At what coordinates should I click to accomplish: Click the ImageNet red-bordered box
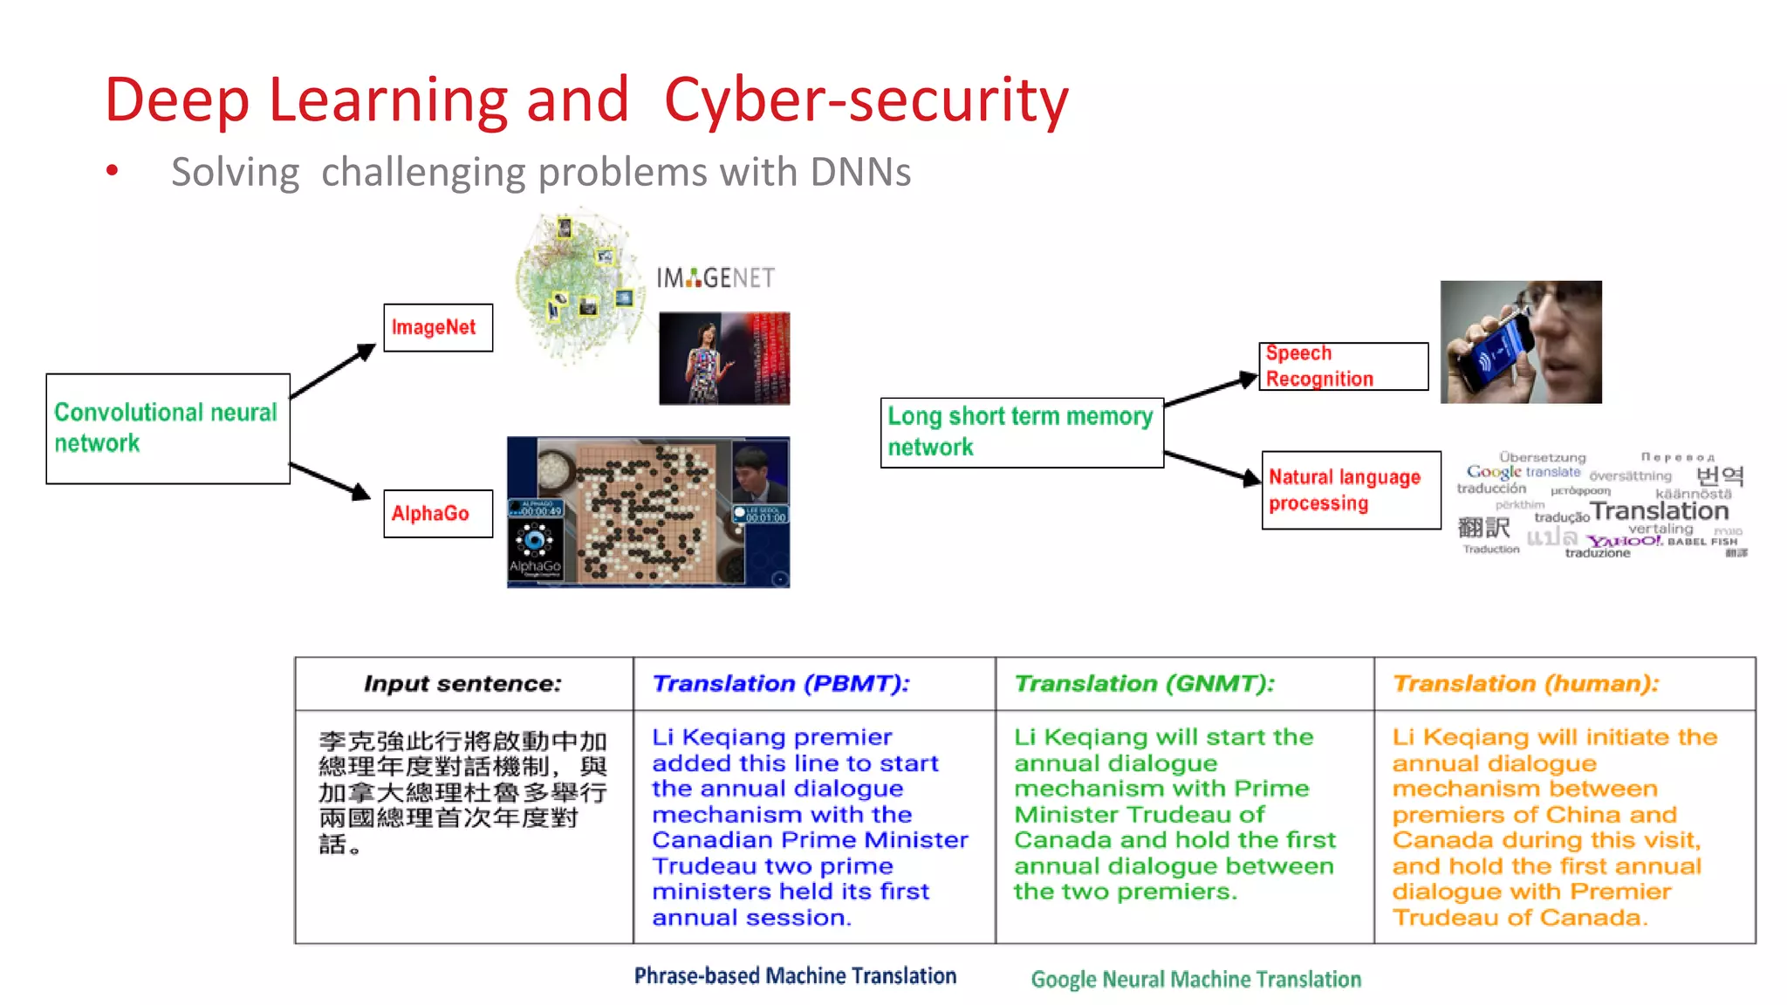[438, 328]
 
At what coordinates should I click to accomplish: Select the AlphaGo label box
[438, 514]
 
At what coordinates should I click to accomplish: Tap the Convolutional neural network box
[168, 428]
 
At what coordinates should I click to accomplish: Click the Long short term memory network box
[1022, 433]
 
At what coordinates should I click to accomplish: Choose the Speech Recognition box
[1343, 366]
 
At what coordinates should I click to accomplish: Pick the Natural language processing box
[1350, 490]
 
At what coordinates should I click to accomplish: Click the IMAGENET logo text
[715, 278]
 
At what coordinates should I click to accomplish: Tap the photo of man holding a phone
[1520, 342]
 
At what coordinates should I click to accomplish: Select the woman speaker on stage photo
[723, 359]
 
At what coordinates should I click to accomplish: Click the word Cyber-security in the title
[866, 99]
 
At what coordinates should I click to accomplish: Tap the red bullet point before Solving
[112, 171]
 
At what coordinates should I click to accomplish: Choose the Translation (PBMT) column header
[781, 683]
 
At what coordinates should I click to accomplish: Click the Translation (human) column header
[1525, 683]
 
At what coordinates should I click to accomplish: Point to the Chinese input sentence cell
[462, 792]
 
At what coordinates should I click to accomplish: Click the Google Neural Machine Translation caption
[1195, 979]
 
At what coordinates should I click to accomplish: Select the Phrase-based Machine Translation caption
[795, 975]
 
